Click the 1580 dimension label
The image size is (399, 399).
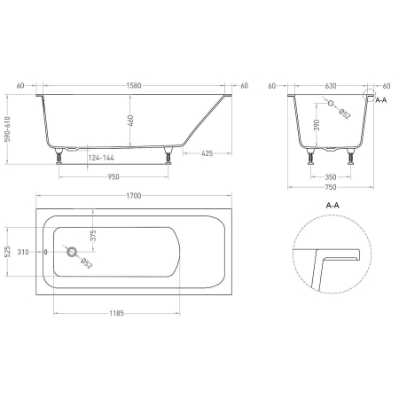(x=134, y=86)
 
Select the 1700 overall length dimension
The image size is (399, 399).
(x=134, y=196)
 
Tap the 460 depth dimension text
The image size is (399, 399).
(x=130, y=121)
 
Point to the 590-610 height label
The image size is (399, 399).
(x=8, y=129)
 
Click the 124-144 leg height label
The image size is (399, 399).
(x=101, y=158)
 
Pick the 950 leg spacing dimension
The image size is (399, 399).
(x=113, y=176)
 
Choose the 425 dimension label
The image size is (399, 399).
(x=207, y=153)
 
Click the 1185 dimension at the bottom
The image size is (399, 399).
(x=117, y=313)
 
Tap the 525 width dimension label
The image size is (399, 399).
(x=8, y=252)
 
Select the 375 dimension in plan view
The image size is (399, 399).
(x=93, y=236)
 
